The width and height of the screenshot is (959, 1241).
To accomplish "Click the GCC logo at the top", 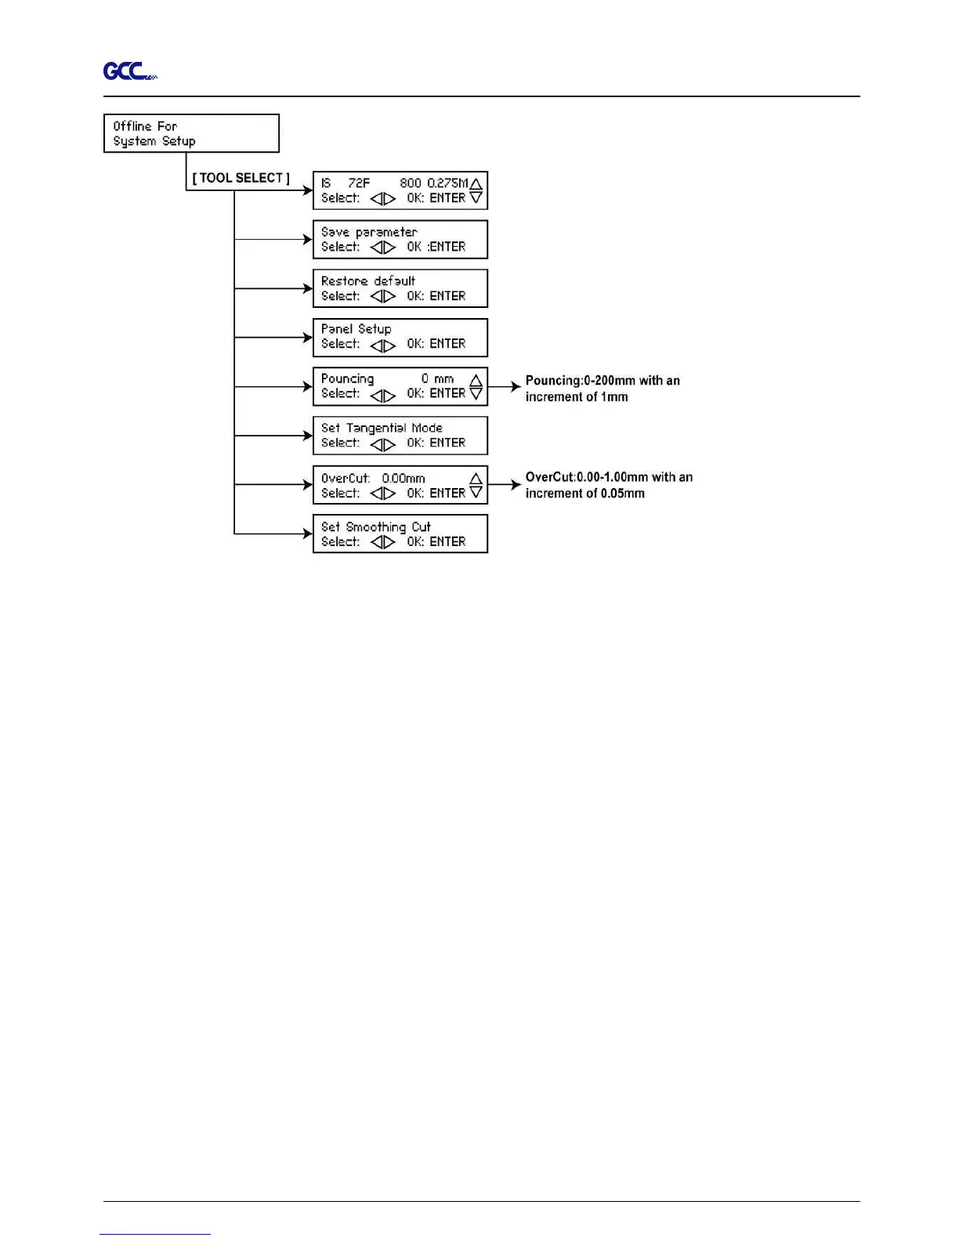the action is tap(128, 71).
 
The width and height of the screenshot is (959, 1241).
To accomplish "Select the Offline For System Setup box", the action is tap(191, 133).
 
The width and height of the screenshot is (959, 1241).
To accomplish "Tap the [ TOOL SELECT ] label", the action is tap(241, 178).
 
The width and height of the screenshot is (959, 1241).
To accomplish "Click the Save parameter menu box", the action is tap(400, 239).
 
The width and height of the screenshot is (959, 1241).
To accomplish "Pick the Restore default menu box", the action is tap(400, 288).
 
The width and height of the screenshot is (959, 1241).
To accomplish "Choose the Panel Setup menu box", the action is tap(400, 338).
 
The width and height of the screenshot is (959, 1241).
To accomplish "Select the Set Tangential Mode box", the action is tap(400, 436).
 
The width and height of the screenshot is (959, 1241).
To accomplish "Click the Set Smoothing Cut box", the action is tap(400, 534).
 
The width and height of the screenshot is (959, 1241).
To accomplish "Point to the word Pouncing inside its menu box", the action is tap(347, 379).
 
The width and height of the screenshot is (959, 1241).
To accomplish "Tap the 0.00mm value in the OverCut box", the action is tap(404, 478).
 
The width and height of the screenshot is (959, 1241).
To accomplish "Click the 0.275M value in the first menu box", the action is tap(447, 183).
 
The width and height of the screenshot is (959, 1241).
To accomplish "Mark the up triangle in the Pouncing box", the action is tap(476, 380).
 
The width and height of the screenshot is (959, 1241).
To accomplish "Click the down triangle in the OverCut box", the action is tap(476, 493).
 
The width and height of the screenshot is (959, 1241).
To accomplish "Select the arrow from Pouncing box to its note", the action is tap(505, 386).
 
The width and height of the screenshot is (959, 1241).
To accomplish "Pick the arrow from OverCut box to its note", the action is tap(505, 484).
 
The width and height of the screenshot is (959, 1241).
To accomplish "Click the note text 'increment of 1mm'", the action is tap(577, 397).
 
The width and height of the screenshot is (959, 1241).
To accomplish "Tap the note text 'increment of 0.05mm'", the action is tap(585, 494).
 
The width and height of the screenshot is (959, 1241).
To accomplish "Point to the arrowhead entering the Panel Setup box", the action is tap(308, 338).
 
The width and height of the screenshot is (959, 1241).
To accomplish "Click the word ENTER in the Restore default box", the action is tap(447, 296).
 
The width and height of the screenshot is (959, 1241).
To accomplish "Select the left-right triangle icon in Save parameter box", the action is tap(382, 248).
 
